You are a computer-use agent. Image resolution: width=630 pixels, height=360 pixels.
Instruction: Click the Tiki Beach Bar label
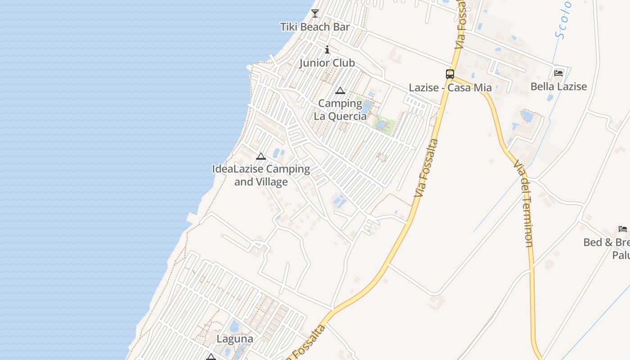(315, 27)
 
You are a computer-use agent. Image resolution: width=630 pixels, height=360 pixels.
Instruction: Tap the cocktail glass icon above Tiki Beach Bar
(315, 13)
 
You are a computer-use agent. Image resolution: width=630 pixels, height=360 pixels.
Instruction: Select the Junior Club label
(327, 63)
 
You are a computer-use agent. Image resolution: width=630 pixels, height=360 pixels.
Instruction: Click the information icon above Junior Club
(327, 49)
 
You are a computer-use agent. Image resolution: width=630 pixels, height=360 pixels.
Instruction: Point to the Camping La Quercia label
(340, 110)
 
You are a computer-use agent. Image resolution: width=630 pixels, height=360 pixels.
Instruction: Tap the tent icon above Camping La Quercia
(340, 91)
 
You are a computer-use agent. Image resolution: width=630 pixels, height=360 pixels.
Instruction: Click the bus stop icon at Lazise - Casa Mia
(450, 74)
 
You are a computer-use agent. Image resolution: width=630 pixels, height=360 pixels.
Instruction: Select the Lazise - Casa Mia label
(450, 88)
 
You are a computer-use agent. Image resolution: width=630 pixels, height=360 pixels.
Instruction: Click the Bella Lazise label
(558, 86)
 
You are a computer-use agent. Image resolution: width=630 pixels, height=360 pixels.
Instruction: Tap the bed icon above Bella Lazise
(558, 73)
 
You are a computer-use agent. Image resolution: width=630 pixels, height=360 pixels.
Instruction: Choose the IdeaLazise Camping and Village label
(261, 175)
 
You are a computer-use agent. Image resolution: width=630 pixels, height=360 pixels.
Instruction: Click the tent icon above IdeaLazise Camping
(261, 157)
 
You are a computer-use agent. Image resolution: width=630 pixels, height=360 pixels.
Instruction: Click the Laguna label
(235, 339)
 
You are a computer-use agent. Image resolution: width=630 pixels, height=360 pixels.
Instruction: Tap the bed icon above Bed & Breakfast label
(623, 229)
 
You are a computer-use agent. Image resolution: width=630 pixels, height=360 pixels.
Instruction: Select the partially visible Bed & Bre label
(606, 243)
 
